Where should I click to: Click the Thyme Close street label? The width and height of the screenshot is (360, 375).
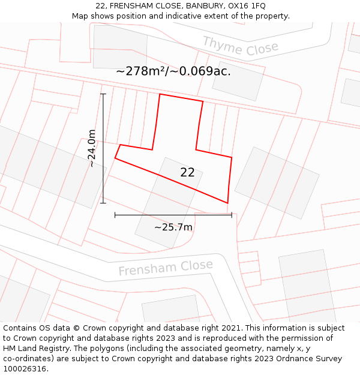pos(241,46)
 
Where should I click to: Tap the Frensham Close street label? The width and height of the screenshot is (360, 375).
pos(165,268)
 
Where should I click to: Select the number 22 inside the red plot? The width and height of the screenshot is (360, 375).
pos(187,172)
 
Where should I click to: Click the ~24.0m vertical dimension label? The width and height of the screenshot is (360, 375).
pos(92,148)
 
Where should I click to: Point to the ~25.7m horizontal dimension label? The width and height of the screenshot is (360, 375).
pos(173,227)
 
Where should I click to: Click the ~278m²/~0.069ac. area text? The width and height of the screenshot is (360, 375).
pos(173,71)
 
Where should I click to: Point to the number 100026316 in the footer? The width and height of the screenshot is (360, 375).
pos(26,369)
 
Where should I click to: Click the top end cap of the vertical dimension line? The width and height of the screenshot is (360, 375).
pos(103,94)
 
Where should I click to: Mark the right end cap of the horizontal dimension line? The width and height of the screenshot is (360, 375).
pos(232,214)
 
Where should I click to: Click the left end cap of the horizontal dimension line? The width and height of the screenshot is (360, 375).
pos(115,214)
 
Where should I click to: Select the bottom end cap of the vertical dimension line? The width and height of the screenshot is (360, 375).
pos(103,203)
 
